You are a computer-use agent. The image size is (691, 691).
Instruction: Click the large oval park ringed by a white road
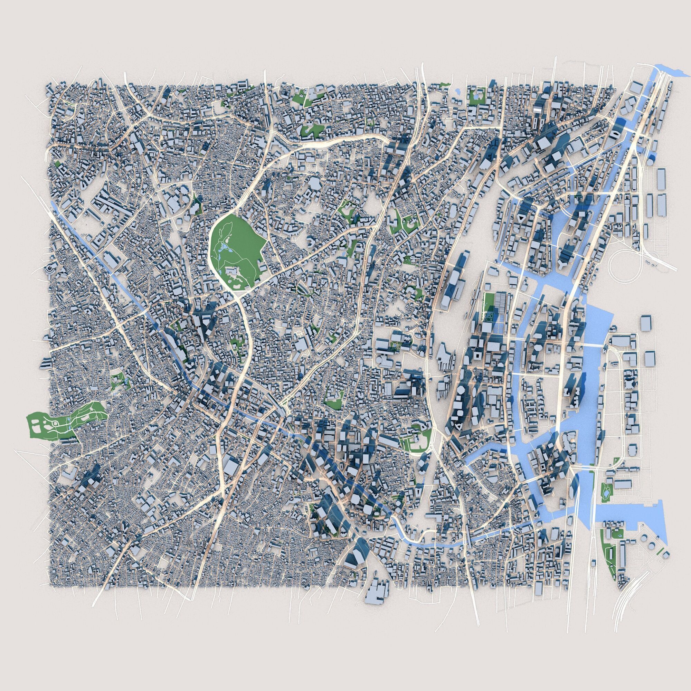pos(236,247)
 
